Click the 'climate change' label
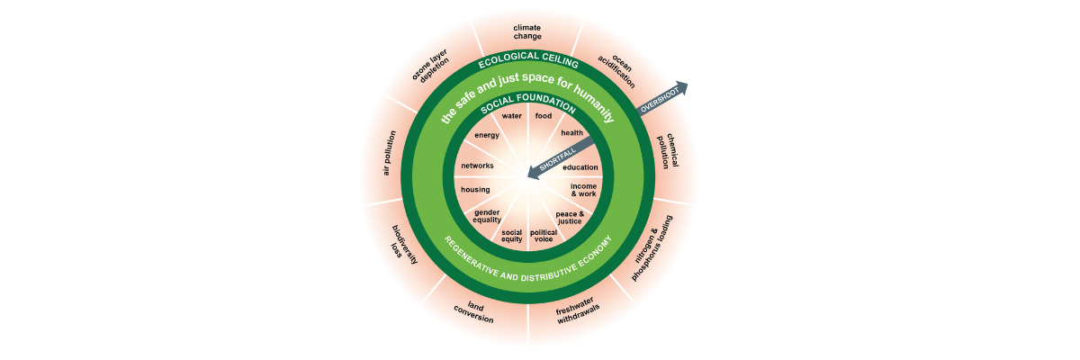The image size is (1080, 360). [x=527, y=32]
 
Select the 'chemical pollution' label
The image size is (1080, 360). [x=667, y=152]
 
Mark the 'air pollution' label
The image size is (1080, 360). [x=388, y=156]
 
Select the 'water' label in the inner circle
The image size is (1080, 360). [x=512, y=116]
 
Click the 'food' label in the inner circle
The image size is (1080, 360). [x=544, y=116]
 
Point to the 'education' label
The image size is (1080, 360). [x=580, y=167]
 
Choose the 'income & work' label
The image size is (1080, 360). [x=583, y=190]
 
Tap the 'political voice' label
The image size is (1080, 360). [x=544, y=237]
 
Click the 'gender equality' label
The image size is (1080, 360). [x=487, y=216]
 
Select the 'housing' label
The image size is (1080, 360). [x=475, y=190]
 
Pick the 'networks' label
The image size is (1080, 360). [x=477, y=166]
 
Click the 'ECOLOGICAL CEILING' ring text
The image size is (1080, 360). [x=527, y=62]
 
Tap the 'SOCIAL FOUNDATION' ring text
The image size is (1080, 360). [x=527, y=103]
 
